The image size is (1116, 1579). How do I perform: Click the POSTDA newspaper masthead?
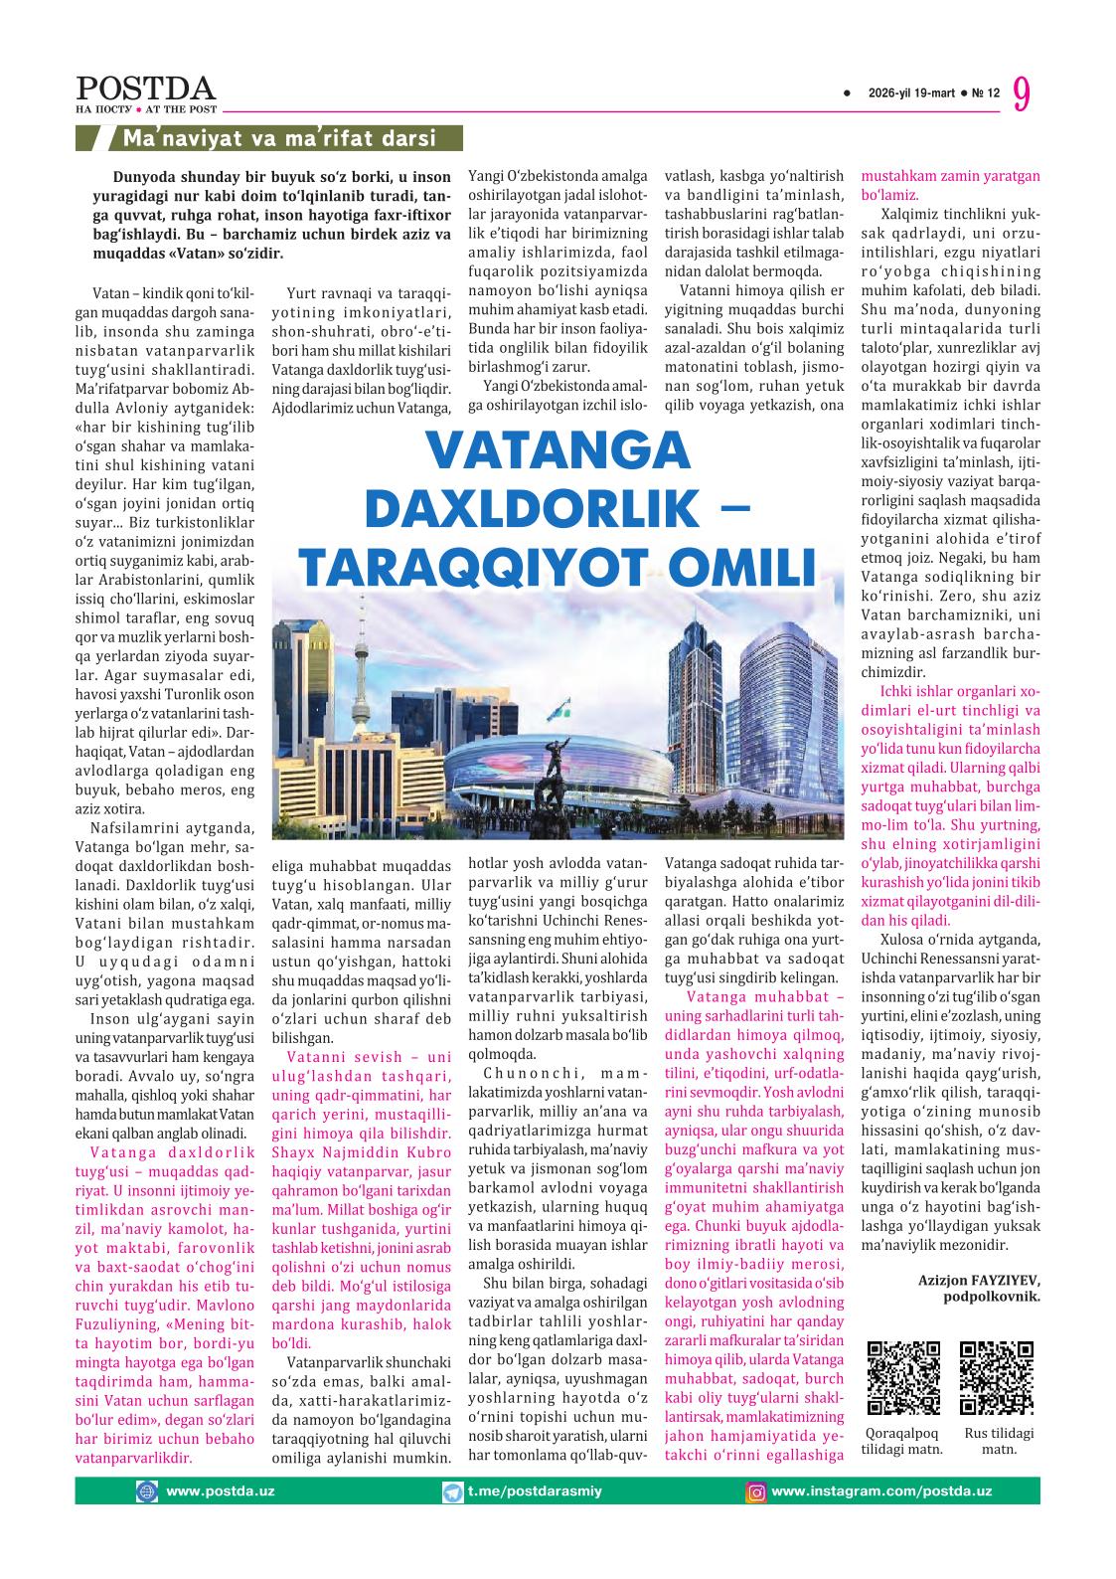pyautogui.click(x=145, y=88)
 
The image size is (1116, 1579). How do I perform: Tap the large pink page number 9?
pyautogui.click(x=1022, y=94)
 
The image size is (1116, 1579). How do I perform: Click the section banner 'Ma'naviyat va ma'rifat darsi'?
pyautogui.click(x=278, y=138)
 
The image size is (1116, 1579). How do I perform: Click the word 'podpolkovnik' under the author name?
pyautogui.click(x=991, y=1298)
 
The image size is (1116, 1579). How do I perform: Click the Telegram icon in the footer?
pyautogui.click(x=452, y=1491)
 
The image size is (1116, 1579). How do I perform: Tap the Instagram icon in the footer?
pyautogui.click(x=757, y=1491)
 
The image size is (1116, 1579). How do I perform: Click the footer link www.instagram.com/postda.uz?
pyautogui.click(x=881, y=1491)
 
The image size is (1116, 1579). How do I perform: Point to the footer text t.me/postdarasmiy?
pyautogui.click(x=534, y=1491)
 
